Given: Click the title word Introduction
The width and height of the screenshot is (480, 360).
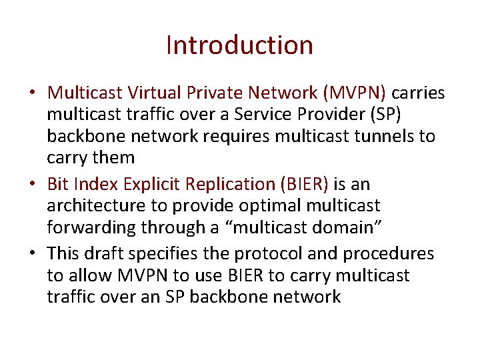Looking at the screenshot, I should coord(239,45).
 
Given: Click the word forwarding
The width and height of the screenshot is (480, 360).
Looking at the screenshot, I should coord(92,228).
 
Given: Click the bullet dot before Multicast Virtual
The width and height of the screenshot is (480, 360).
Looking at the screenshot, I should coord(34,93).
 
